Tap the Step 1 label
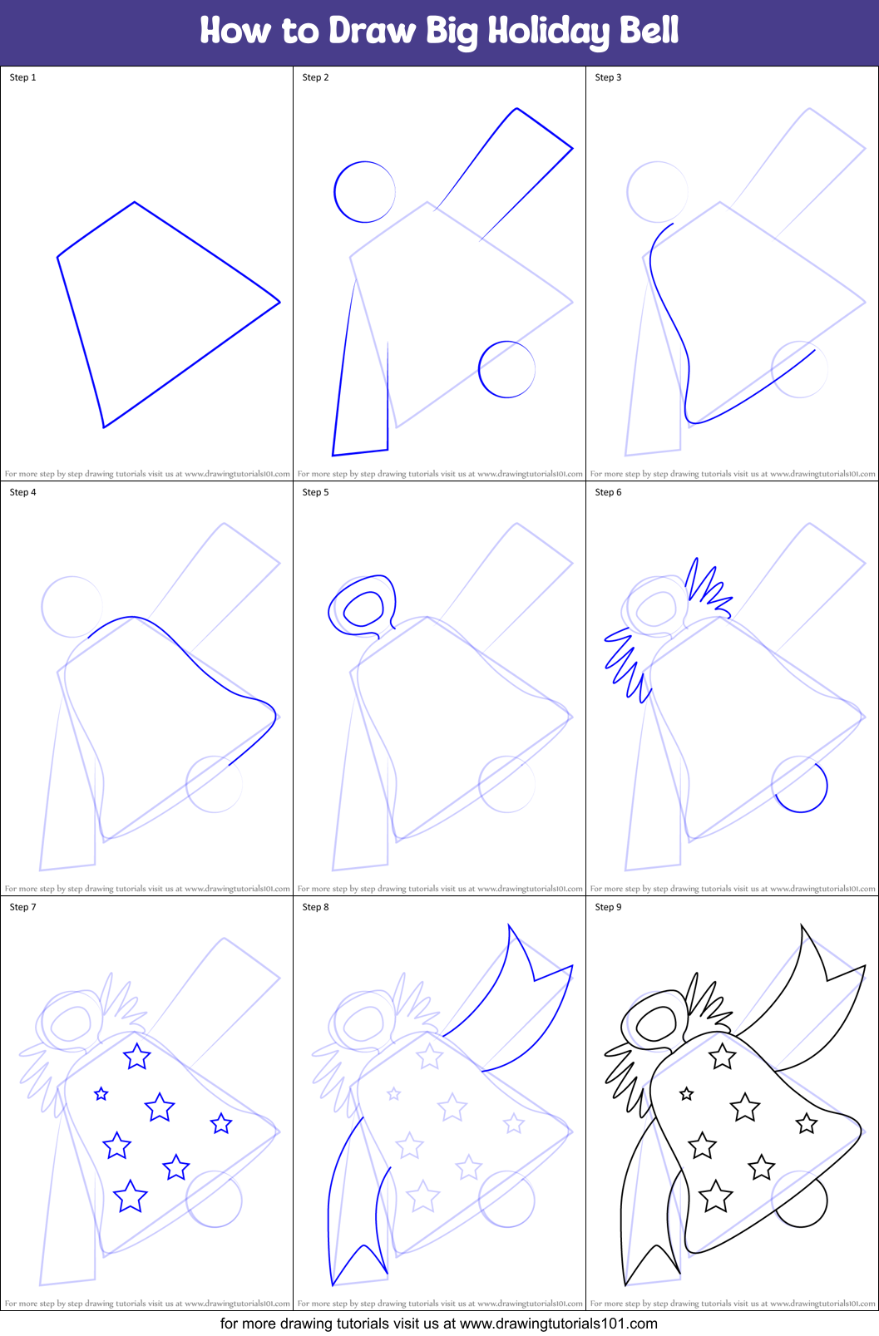(22, 77)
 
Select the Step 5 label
(315, 492)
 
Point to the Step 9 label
(608, 907)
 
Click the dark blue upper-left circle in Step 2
(364, 192)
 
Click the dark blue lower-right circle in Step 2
(506, 369)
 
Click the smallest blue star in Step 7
(101, 1094)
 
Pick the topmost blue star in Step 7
(136, 1057)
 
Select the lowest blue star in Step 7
(130, 1197)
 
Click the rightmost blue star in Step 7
(221, 1124)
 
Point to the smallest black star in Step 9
(687, 1094)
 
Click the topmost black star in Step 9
(722, 1057)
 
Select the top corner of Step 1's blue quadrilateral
(135, 202)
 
